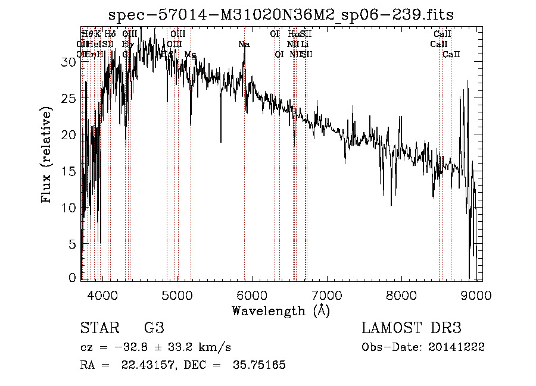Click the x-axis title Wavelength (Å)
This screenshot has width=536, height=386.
pyautogui.click(x=281, y=310)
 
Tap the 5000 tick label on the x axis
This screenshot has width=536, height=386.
pyautogui.click(x=177, y=295)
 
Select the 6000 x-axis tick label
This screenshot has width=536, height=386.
pyautogui.click(x=252, y=295)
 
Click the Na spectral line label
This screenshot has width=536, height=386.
pyautogui.click(x=244, y=45)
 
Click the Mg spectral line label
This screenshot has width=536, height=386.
pyautogui.click(x=190, y=55)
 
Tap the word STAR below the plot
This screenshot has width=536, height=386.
pyautogui.click(x=98, y=328)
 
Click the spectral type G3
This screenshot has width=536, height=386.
pyautogui.click(x=154, y=328)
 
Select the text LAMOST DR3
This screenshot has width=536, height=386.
pyautogui.click(x=412, y=328)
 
